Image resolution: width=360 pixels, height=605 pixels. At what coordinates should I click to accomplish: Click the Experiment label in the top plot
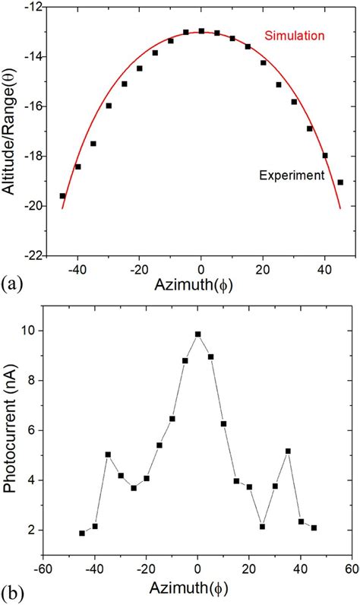292,175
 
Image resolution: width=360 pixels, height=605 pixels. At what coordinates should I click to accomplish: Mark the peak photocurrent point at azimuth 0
198,334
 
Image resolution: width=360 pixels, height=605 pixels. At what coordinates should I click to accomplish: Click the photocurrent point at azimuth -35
108,455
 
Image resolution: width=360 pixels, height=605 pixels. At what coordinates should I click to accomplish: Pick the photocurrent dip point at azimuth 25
262,527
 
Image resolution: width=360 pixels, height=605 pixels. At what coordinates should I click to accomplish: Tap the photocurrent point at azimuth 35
288,451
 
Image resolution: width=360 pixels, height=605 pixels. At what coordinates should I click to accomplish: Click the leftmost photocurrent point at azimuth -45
82,534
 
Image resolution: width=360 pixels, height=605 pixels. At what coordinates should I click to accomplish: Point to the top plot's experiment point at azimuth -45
62,196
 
